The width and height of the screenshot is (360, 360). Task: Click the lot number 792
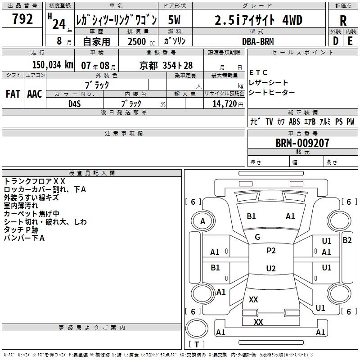(22, 19)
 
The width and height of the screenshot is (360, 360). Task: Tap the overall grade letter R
(343, 20)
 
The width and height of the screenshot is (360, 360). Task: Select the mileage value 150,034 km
(53, 65)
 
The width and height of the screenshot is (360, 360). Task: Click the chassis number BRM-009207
(302, 143)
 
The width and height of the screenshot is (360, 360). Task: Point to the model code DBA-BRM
(258, 41)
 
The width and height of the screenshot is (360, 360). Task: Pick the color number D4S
(75, 104)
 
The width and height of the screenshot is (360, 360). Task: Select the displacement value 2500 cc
(141, 41)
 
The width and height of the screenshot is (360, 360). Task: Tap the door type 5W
(174, 20)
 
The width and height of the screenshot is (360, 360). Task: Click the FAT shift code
(13, 94)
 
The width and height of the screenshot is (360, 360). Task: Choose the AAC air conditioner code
(35, 94)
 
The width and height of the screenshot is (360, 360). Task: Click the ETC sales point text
(258, 72)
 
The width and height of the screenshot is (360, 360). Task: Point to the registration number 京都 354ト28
(166, 65)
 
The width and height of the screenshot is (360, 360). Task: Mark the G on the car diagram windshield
(257, 237)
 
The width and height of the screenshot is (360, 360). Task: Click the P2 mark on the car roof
(271, 251)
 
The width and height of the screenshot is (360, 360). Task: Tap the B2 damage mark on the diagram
(347, 240)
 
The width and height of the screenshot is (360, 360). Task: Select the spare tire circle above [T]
(197, 328)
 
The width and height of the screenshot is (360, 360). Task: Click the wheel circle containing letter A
(203, 221)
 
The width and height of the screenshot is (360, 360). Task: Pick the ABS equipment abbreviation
(294, 121)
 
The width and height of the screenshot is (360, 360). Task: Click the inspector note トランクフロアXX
(35, 181)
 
